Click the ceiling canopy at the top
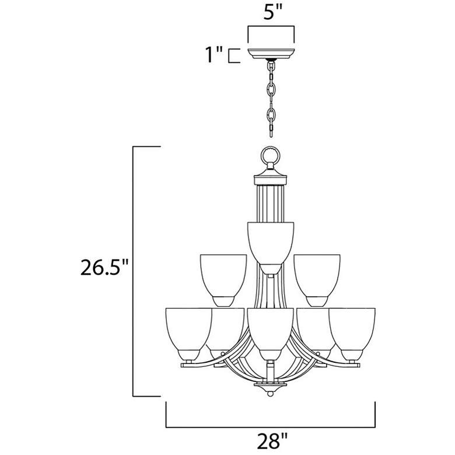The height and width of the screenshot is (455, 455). click(270, 53)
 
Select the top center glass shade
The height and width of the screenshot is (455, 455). click(270, 242)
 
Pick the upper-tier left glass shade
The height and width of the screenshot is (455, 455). click(223, 277)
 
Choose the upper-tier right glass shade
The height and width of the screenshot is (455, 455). click(317, 277)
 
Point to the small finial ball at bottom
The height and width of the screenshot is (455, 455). click(270, 394)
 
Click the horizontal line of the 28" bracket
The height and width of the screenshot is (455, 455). click(270, 425)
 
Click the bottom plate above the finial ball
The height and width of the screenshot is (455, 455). click(270, 385)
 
